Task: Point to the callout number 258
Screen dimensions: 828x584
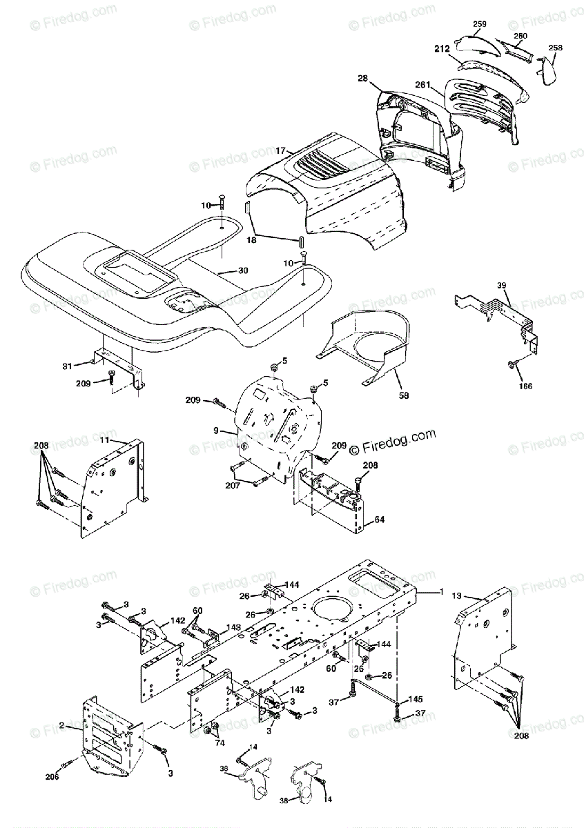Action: click(555, 48)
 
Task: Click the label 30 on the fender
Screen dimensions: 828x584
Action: click(242, 270)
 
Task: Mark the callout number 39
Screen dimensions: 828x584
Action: click(501, 285)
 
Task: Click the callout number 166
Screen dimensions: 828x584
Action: click(525, 386)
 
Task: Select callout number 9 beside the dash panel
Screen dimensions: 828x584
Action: click(216, 431)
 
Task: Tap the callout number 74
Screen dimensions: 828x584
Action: click(220, 742)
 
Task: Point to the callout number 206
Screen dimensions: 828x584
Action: click(52, 776)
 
